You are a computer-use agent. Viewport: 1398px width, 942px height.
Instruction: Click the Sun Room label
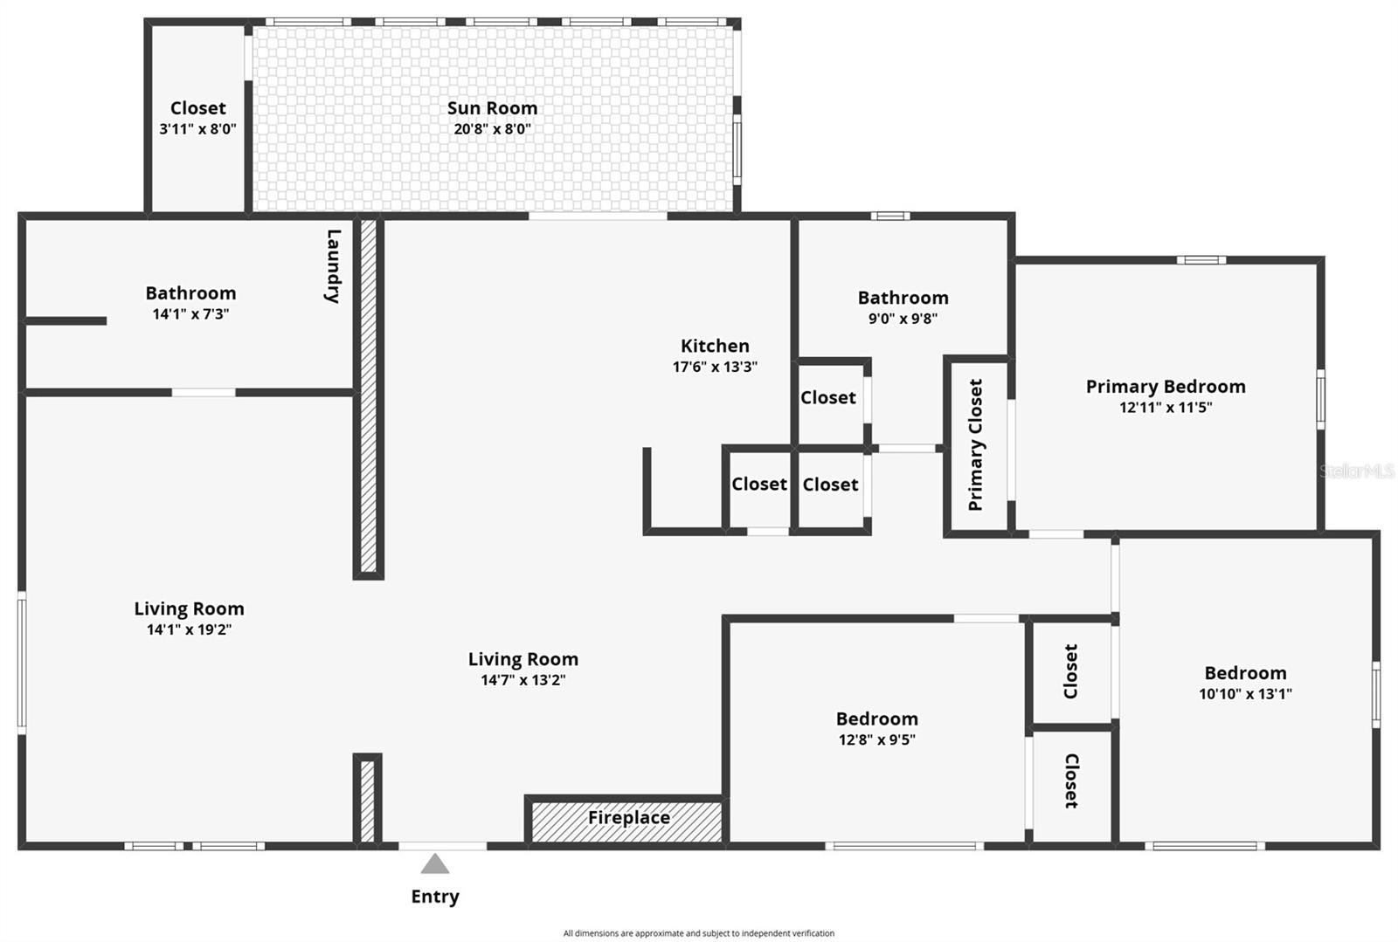click(x=492, y=108)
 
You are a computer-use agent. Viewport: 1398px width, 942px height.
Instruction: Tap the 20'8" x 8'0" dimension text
click(x=492, y=129)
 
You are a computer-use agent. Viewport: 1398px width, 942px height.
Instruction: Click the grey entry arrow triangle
click(x=435, y=864)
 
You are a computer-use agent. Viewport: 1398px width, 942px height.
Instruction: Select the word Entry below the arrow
click(x=435, y=897)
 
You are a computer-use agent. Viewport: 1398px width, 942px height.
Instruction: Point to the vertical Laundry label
click(x=333, y=265)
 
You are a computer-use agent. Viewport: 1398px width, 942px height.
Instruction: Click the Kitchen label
click(x=715, y=346)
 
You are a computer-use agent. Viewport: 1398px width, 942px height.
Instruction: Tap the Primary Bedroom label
click(x=1166, y=387)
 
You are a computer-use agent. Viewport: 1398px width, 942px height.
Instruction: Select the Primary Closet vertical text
click(x=976, y=444)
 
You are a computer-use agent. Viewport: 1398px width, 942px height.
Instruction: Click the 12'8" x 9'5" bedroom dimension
click(x=876, y=740)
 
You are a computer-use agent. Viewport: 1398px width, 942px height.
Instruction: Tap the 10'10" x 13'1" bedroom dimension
click(x=1245, y=694)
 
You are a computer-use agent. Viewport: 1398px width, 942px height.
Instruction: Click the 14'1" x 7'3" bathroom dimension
click(x=190, y=314)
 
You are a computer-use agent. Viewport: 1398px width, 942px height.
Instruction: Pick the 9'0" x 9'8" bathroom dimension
click(x=903, y=319)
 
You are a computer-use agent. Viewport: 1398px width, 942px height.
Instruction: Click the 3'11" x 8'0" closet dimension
click(x=197, y=129)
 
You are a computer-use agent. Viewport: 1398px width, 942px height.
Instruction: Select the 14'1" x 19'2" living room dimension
click(x=189, y=629)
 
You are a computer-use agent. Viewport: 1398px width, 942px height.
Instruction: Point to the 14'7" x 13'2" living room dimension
click(x=523, y=680)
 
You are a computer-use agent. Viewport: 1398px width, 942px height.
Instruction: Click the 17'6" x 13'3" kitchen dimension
click(x=715, y=367)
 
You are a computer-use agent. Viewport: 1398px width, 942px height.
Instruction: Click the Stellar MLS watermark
click(x=1356, y=471)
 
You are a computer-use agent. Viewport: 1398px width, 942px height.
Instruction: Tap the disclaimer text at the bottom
click(x=698, y=933)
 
